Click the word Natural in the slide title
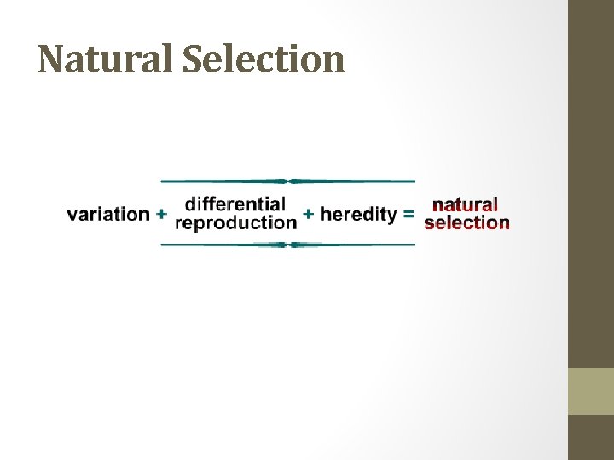(x=105, y=60)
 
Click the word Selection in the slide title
(x=264, y=60)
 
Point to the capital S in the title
(x=194, y=60)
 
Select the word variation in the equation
(x=108, y=215)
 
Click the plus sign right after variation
(x=162, y=215)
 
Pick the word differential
(x=235, y=204)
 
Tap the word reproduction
(x=235, y=223)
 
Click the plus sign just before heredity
(x=309, y=215)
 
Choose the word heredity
(x=358, y=215)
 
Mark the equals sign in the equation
(x=408, y=215)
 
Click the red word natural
(x=466, y=205)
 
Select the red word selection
(x=466, y=223)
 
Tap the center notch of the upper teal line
(x=288, y=181)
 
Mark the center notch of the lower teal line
(x=288, y=244)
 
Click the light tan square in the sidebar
(x=591, y=391)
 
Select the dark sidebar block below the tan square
(x=591, y=437)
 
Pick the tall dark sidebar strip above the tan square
(x=591, y=183)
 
